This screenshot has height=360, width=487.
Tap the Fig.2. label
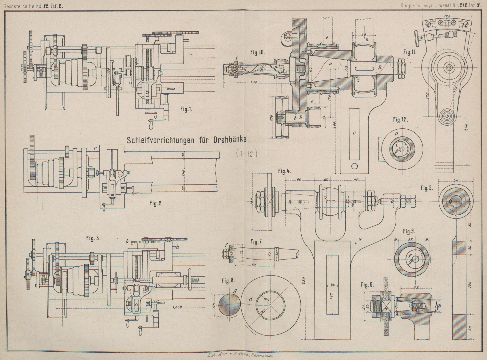[156, 203]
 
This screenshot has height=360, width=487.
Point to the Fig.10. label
[258, 53]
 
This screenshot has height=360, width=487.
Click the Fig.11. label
[410, 52]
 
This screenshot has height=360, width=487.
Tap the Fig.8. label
[228, 280]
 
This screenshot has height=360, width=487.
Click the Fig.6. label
[368, 285]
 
